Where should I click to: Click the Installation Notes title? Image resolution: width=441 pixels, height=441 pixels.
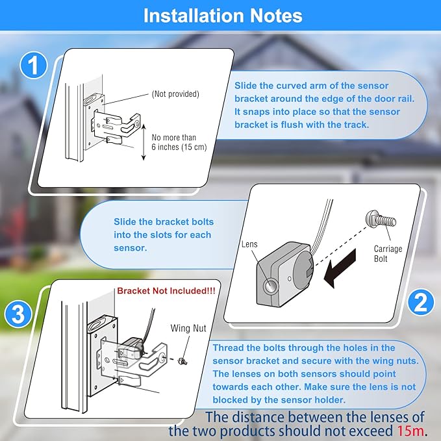tap(223, 16)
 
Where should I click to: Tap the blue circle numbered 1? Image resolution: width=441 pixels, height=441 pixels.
tap(34, 65)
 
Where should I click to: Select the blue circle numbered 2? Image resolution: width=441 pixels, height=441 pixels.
tap(421, 303)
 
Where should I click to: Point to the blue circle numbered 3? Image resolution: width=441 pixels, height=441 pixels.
tap(18, 314)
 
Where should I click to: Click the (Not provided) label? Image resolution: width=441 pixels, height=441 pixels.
tap(175, 94)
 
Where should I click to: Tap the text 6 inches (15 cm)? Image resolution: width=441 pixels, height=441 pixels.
tap(179, 147)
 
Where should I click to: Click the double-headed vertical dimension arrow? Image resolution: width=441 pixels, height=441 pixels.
tap(144, 142)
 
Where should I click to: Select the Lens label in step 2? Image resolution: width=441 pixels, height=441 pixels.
tap(249, 244)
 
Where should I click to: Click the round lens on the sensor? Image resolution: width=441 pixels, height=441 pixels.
tap(270, 286)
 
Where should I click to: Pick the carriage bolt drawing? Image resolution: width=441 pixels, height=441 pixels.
tap(381, 220)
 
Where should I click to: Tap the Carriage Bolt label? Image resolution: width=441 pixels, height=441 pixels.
tap(388, 253)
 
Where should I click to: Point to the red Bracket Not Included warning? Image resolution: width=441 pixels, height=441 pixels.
tap(166, 291)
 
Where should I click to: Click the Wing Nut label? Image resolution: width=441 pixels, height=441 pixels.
tap(188, 328)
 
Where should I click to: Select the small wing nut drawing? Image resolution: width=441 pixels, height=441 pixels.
tap(183, 361)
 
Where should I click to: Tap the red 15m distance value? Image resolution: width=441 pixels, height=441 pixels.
tap(410, 431)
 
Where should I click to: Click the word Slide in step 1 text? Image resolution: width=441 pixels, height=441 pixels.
tap(246, 86)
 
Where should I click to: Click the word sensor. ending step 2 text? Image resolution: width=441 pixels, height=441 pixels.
tap(130, 248)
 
